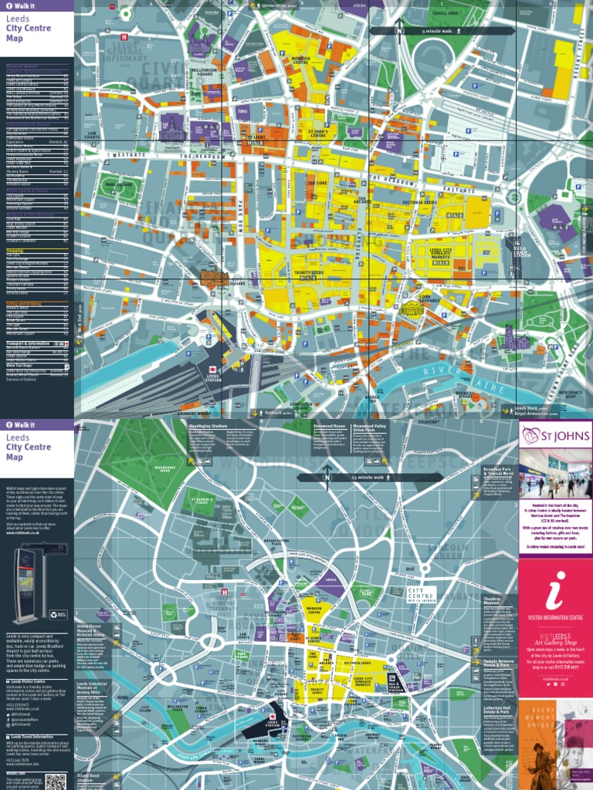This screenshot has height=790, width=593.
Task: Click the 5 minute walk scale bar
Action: click(x=442, y=31)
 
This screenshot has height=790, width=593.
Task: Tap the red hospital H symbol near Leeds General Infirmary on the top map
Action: click(x=124, y=35)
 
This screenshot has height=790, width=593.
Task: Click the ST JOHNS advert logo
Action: click(x=556, y=437)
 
